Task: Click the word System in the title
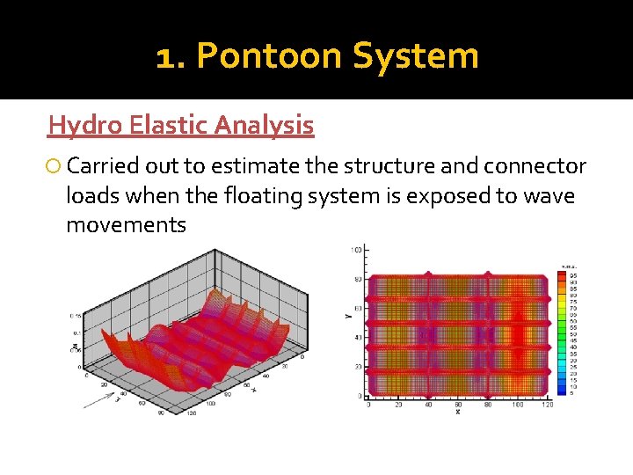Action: [415, 56]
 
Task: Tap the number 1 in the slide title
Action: [167, 56]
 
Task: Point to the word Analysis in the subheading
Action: [265, 126]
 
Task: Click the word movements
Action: [126, 224]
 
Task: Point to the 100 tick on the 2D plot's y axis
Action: [356, 252]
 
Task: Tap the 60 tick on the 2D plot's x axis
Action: [458, 405]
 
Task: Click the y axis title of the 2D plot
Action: [349, 311]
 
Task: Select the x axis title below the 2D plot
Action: [458, 412]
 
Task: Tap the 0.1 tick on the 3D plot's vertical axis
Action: [76, 333]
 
